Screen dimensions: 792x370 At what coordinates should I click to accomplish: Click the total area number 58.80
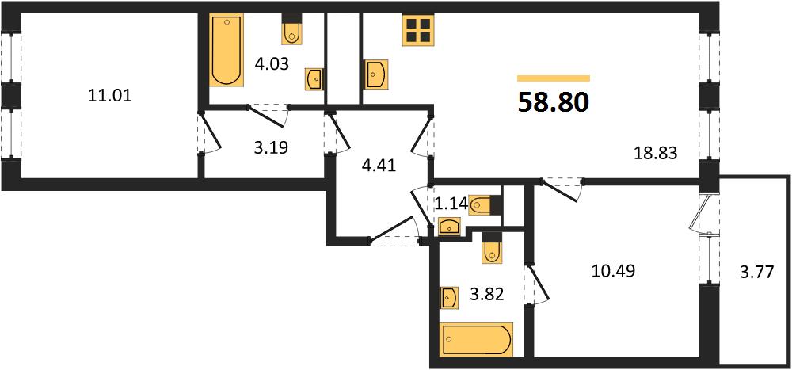tap(554, 103)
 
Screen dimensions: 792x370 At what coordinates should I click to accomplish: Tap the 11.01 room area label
tap(109, 95)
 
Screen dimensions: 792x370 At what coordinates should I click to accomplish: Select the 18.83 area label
tap(655, 153)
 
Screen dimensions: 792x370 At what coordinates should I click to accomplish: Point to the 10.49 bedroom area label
tap(612, 272)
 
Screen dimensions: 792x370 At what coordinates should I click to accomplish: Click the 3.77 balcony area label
tap(756, 274)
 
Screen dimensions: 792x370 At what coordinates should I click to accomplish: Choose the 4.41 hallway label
tap(379, 165)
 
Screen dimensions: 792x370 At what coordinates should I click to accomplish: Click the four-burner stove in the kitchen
tap(418, 30)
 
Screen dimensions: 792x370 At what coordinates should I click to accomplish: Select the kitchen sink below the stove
tap(375, 74)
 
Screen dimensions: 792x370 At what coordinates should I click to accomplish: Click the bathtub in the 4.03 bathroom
tap(227, 49)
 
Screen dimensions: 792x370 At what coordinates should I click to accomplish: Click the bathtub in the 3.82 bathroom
tap(476, 339)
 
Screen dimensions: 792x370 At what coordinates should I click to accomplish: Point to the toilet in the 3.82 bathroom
tap(492, 248)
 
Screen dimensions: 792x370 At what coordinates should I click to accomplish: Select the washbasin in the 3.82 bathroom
tap(448, 298)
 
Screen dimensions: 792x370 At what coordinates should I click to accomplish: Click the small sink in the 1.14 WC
tap(449, 227)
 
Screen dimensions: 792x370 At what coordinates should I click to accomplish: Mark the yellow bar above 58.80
tap(554, 78)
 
